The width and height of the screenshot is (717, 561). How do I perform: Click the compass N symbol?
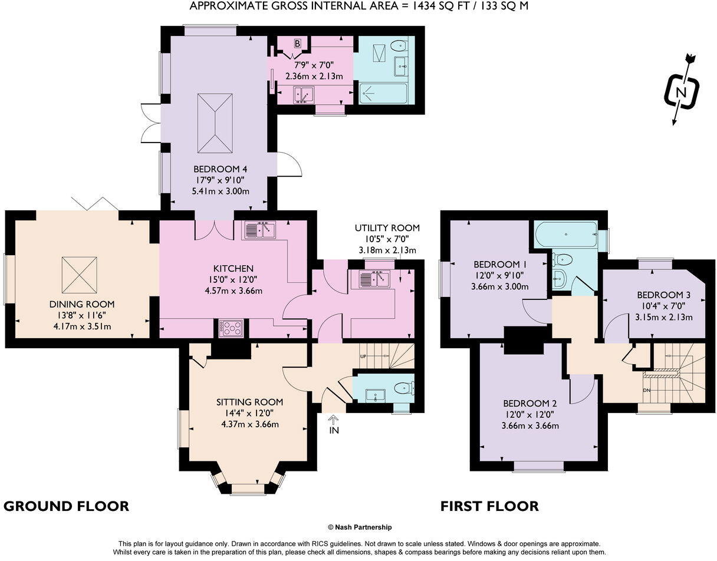pos(682,93)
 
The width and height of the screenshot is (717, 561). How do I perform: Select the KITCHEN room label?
pos(233,269)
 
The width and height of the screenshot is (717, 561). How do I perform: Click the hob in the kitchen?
pos(231,328)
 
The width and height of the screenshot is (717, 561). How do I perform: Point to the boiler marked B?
pos(297,44)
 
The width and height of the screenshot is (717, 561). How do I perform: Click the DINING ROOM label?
pos(81,305)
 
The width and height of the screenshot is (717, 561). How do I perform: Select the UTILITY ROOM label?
pos(387,228)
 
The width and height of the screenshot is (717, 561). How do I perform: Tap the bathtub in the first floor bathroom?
pos(565,235)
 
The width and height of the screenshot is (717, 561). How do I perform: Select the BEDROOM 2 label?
pos(529,404)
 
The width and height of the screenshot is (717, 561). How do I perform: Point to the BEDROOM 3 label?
pos(663,295)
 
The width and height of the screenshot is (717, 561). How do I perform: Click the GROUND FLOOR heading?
pos(66,506)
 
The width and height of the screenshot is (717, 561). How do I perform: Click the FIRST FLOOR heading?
pos(489,506)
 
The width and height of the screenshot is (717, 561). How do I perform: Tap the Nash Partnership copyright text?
pos(359,527)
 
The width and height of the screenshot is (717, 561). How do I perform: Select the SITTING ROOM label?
pos(246,402)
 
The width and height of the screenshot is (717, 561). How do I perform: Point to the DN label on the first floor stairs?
pos(646,390)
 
